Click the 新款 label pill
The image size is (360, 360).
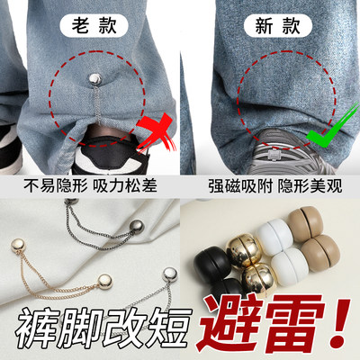[x=271, y=27]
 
